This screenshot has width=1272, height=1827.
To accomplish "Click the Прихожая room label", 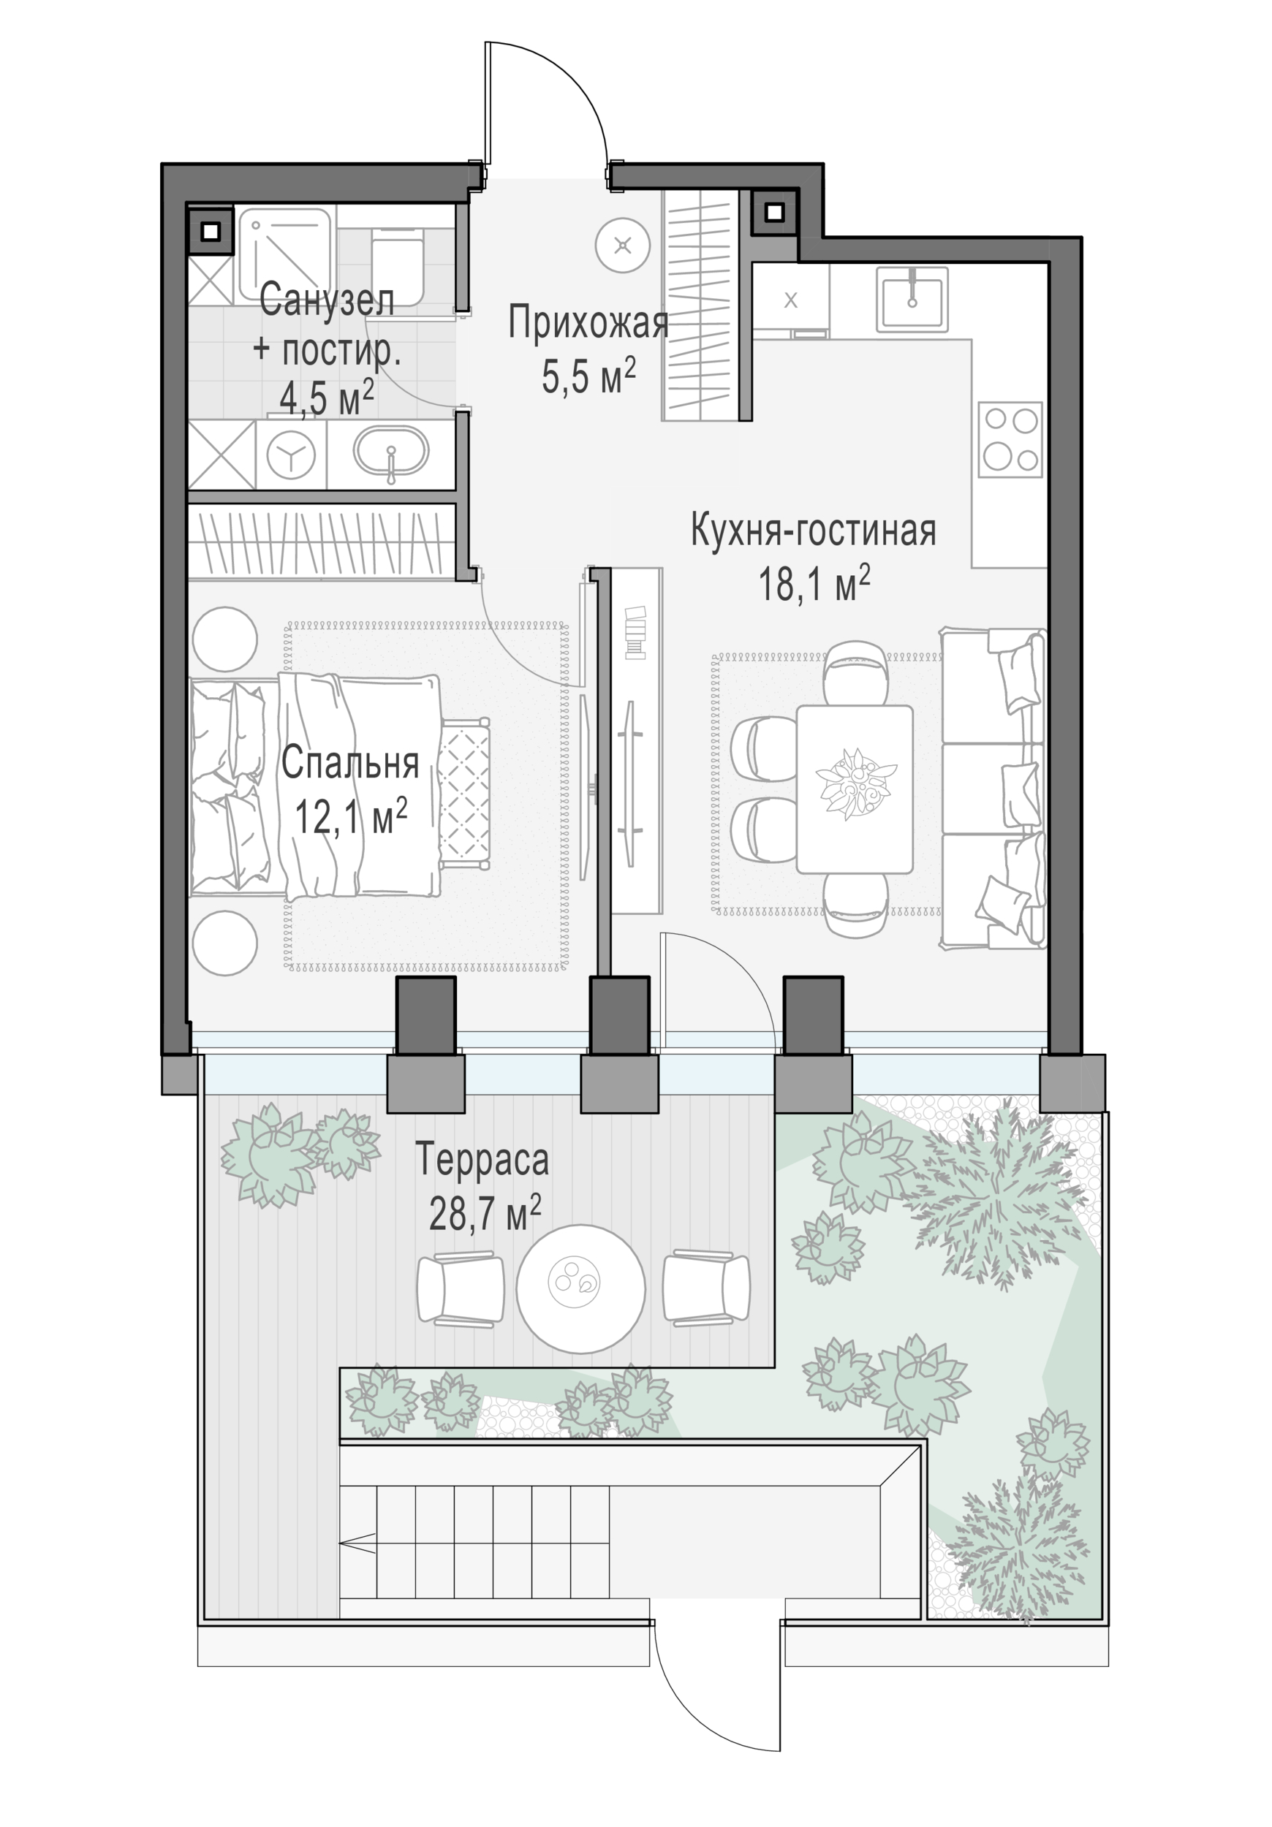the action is point(588,322).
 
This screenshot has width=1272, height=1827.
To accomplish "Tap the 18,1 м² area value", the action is point(814,584).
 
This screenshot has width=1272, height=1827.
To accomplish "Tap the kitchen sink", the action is point(912,299).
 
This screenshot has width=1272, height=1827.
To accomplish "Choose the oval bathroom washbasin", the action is point(391,454).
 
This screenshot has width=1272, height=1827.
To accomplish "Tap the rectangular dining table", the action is point(854,789).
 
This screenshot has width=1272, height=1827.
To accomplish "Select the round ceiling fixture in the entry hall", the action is point(622,245).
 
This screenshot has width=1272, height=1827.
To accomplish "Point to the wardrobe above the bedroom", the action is point(322,541).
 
